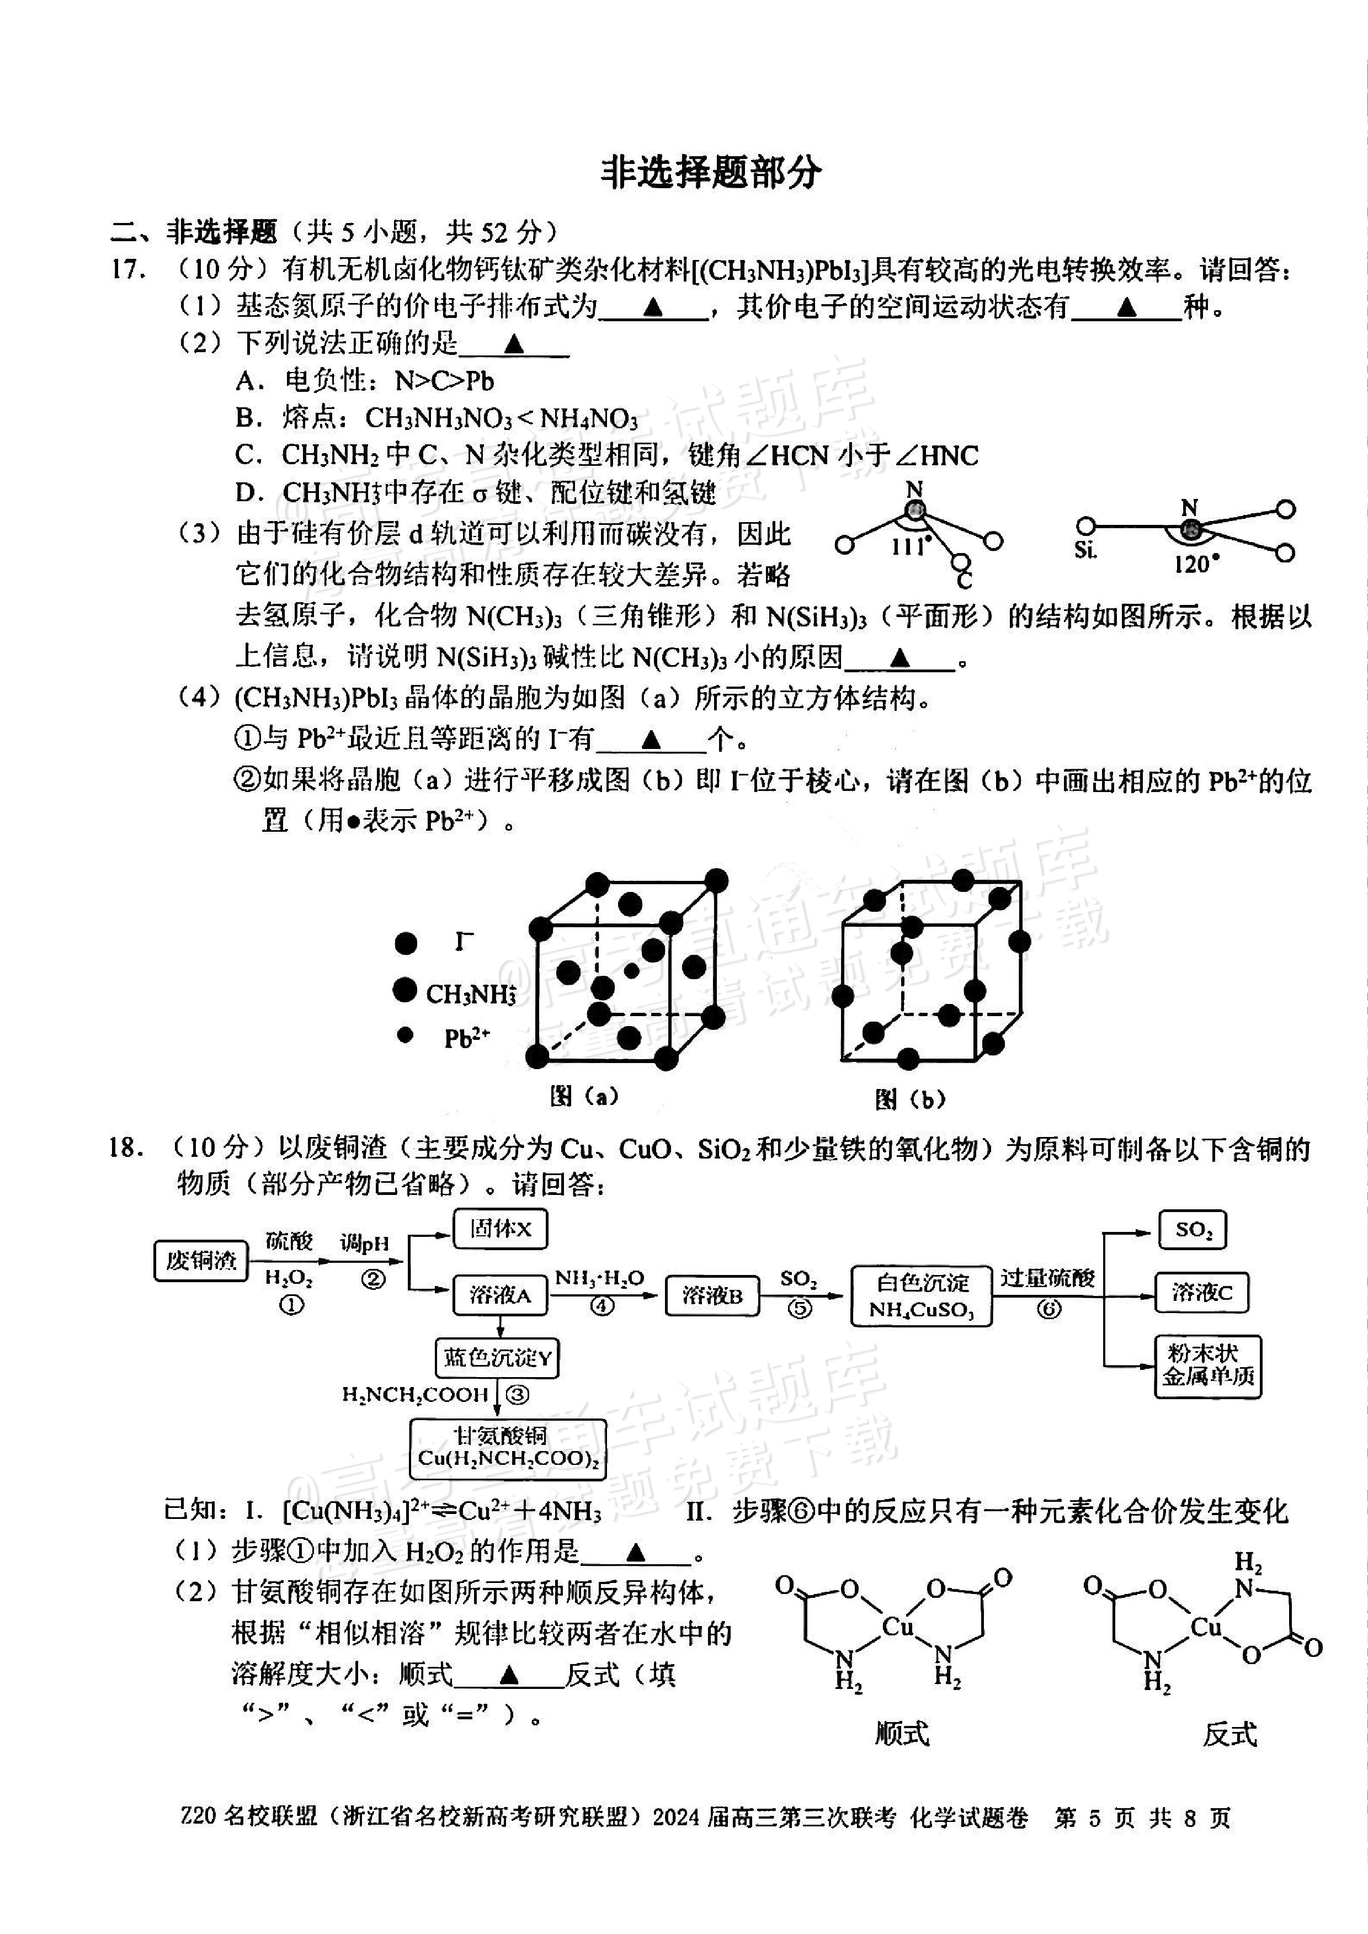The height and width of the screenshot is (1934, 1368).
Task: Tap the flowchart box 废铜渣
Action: pyautogui.click(x=200, y=1261)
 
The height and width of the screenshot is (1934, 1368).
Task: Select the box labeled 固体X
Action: pyautogui.click(x=501, y=1229)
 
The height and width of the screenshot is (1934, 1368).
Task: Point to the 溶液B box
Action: pyautogui.click(x=712, y=1295)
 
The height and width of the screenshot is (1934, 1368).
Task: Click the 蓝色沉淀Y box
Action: pyautogui.click(x=498, y=1358)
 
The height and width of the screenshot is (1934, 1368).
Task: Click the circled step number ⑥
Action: pyautogui.click(x=1048, y=1309)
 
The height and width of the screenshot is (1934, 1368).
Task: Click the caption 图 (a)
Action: pyautogui.click(x=584, y=1096)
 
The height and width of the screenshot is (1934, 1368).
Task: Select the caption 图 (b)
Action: pyautogui.click(x=910, y=1098)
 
